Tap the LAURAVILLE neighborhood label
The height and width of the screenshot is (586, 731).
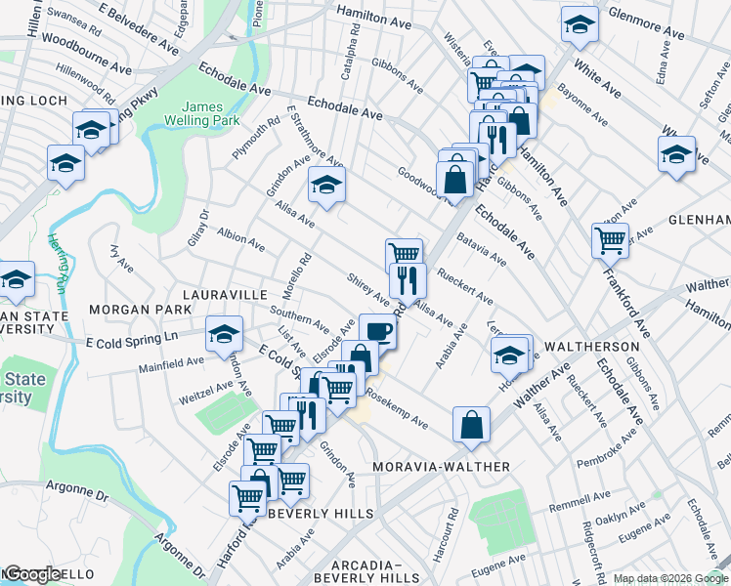(x=224, y=294)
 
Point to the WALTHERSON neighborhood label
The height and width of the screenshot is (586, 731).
(x=591, y=347)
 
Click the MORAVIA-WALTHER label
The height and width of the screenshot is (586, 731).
(x=442, y=467)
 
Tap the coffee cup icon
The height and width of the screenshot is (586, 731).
(x=378, y=330)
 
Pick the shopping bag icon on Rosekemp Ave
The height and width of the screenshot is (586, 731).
(x=471, y=423)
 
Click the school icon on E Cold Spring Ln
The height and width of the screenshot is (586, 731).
(x=224, y=334)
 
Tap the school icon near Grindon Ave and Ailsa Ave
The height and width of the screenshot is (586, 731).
(x=326, y=184)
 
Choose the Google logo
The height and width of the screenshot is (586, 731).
(x=31, y=575)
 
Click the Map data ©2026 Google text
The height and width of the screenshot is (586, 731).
(x=670, y=578)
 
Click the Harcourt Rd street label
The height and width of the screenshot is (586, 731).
(x=452, y=527)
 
